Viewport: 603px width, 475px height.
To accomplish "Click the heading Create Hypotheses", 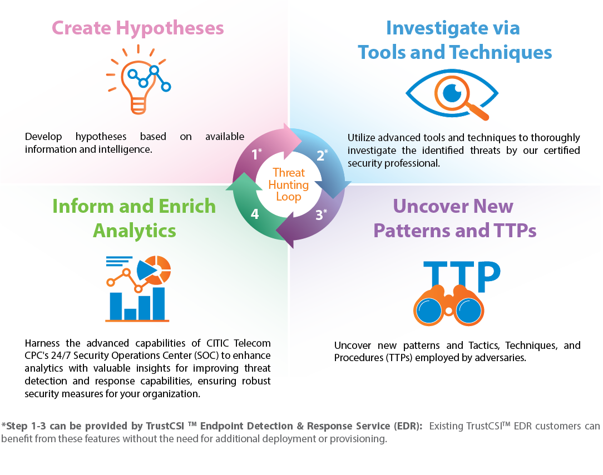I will click(137, 28).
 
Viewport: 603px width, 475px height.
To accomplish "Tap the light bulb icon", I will click(138, 80).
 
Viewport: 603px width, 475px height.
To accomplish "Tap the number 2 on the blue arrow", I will click(320, 156).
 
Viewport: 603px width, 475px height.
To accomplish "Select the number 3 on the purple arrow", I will click(319, 215).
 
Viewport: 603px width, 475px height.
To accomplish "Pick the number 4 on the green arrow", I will click(255, 214).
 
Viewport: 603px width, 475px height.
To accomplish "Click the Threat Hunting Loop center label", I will click(289, 184).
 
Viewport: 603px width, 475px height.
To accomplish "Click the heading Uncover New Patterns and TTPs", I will click(454, 218).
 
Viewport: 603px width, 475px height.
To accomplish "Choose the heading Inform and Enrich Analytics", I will click(134, 218).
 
